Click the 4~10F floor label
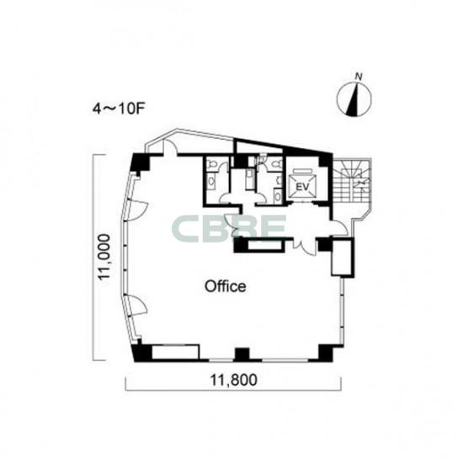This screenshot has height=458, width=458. tap(119, 109)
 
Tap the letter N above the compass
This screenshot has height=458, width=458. tap(359, 77)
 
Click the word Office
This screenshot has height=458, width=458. tap(225, 286)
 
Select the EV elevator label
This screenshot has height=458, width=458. tap(302, 187)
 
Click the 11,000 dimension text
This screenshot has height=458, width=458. tap(104, 258)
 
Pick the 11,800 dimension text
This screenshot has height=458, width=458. tap(234, 380)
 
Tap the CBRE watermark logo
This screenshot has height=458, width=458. tap(229, 229)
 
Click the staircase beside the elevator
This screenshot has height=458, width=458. tap(352, 181)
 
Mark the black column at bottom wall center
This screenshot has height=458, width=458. tap(242, 355)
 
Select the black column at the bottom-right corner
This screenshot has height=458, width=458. tap(325, 353)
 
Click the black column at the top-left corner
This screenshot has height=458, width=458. tap(141, 162)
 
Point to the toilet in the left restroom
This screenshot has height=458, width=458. tap(210, 164)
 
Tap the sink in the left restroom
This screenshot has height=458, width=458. tap(210, 182)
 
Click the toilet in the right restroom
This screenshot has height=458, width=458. tap(275, 164)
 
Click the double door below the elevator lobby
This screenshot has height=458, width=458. tap(305, 247)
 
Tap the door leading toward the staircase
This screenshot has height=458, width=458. tap(339, 228)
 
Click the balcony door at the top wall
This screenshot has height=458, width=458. tap(170, 146)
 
